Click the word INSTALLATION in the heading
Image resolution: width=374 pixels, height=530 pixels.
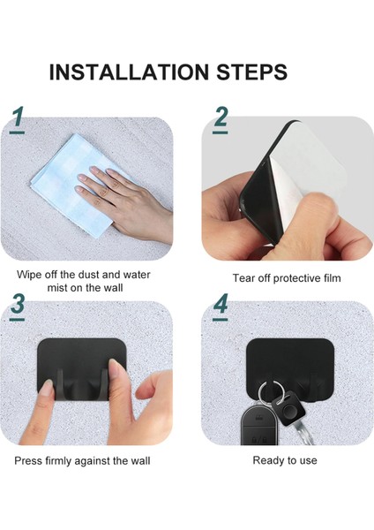129,72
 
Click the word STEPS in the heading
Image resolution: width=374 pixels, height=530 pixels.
251,72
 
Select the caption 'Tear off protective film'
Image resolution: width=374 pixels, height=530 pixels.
287,278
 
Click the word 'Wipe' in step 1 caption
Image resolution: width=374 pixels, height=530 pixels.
29,274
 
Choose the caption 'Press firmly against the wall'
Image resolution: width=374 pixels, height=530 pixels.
82,461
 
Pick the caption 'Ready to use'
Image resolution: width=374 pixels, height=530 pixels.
285,460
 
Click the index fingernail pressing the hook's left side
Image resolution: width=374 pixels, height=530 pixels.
46,387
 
